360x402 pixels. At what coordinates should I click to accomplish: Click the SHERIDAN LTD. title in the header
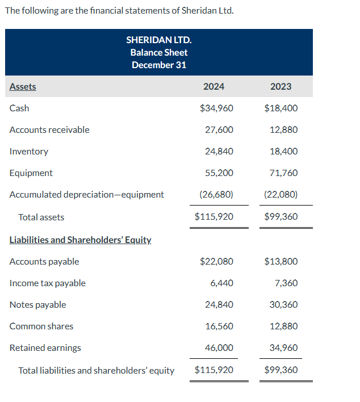(158, 40)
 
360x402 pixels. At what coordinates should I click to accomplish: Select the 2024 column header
(214, 86)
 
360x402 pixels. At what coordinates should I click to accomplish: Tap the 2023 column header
(281, 86)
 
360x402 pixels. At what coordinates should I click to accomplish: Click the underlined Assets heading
(23, 86)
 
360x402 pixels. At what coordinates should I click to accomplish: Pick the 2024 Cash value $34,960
(216, 108)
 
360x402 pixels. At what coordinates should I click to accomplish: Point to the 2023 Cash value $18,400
(281, 108)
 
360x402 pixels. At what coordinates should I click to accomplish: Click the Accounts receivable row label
(49, 129)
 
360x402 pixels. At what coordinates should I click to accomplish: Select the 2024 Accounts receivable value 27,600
(219, 129)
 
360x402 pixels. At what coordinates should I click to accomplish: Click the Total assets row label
(41, 217)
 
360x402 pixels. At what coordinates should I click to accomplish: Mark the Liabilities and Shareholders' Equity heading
(81, 240)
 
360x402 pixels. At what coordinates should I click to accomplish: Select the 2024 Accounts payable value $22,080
(216, 261)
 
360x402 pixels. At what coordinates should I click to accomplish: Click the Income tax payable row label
(48, 283)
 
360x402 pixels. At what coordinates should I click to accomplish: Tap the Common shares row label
(41, 326)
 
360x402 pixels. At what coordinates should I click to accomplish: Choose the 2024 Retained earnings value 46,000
(219, 347)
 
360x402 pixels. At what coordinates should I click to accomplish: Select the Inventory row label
(29, 151)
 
